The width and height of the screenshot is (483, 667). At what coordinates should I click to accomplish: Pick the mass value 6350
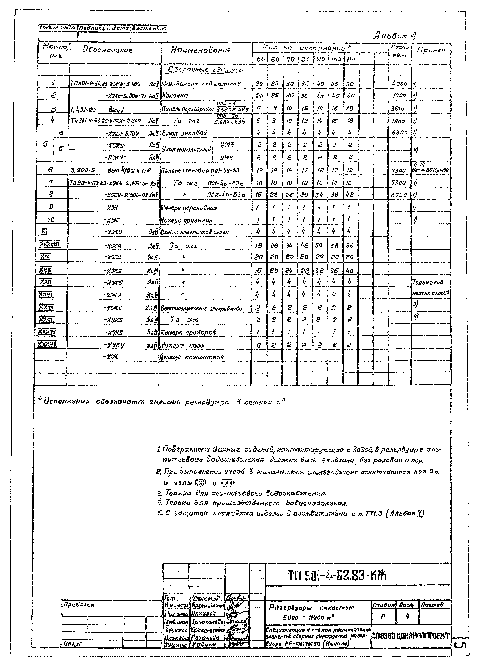[x=399, y=133]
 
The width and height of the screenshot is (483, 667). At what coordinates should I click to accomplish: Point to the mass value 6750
[x=399, y=195]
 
